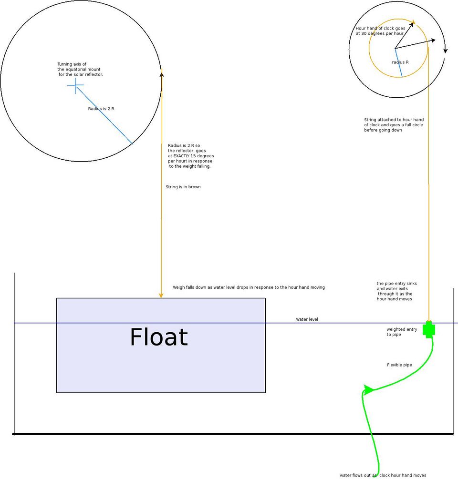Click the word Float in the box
159,337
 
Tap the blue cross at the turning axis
75,85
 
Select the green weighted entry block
429,330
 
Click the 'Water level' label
307,319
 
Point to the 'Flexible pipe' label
399,365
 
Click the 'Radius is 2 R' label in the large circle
101,109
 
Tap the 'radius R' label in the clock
400,62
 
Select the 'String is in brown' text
183,187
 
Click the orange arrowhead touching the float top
161,295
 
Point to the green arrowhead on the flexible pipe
368,389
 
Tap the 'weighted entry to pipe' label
402,332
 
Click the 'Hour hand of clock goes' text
380,28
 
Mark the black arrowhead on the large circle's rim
162,73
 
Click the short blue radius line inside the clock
398,63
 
